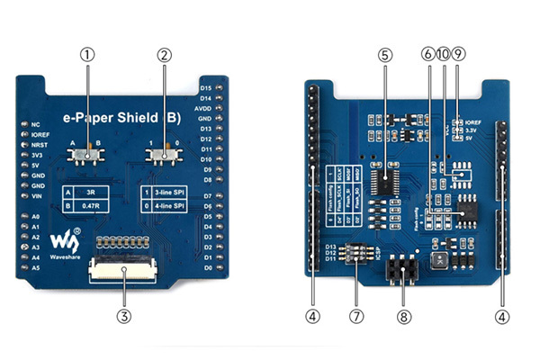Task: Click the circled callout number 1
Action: tap(87, 54)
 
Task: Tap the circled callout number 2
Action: tap(164, 54)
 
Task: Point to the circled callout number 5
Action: tap(384, 54)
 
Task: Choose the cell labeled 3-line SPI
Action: tap(169, 193)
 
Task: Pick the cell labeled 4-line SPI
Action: tap(169, 206)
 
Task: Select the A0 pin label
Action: tap(36, 217)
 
